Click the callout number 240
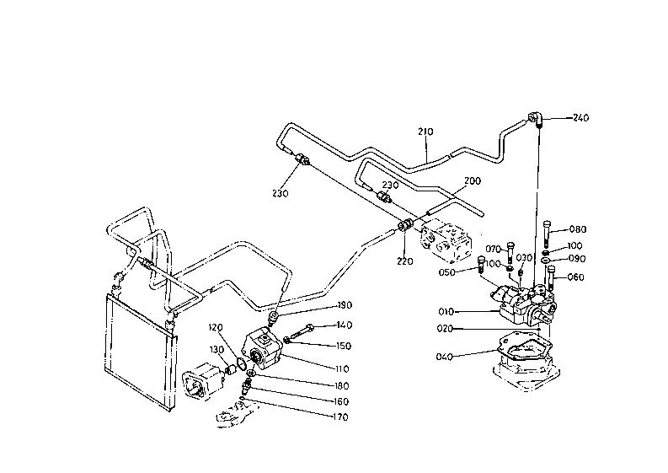coord(580,118)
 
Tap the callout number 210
coord(425,132)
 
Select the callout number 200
coord(472,180)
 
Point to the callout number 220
coord(404,261)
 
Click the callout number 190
coord(345,305)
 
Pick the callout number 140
coord(345,325)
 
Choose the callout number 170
coord(340,417)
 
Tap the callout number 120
coord(216,328)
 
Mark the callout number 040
coord(444,357)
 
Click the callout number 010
coord(446,312)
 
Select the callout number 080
coord(578,229)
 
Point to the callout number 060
coord(575,277)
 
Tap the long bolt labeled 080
coord(548,234)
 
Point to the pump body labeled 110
coord(262,348)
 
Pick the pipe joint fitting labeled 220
coord(405,225)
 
